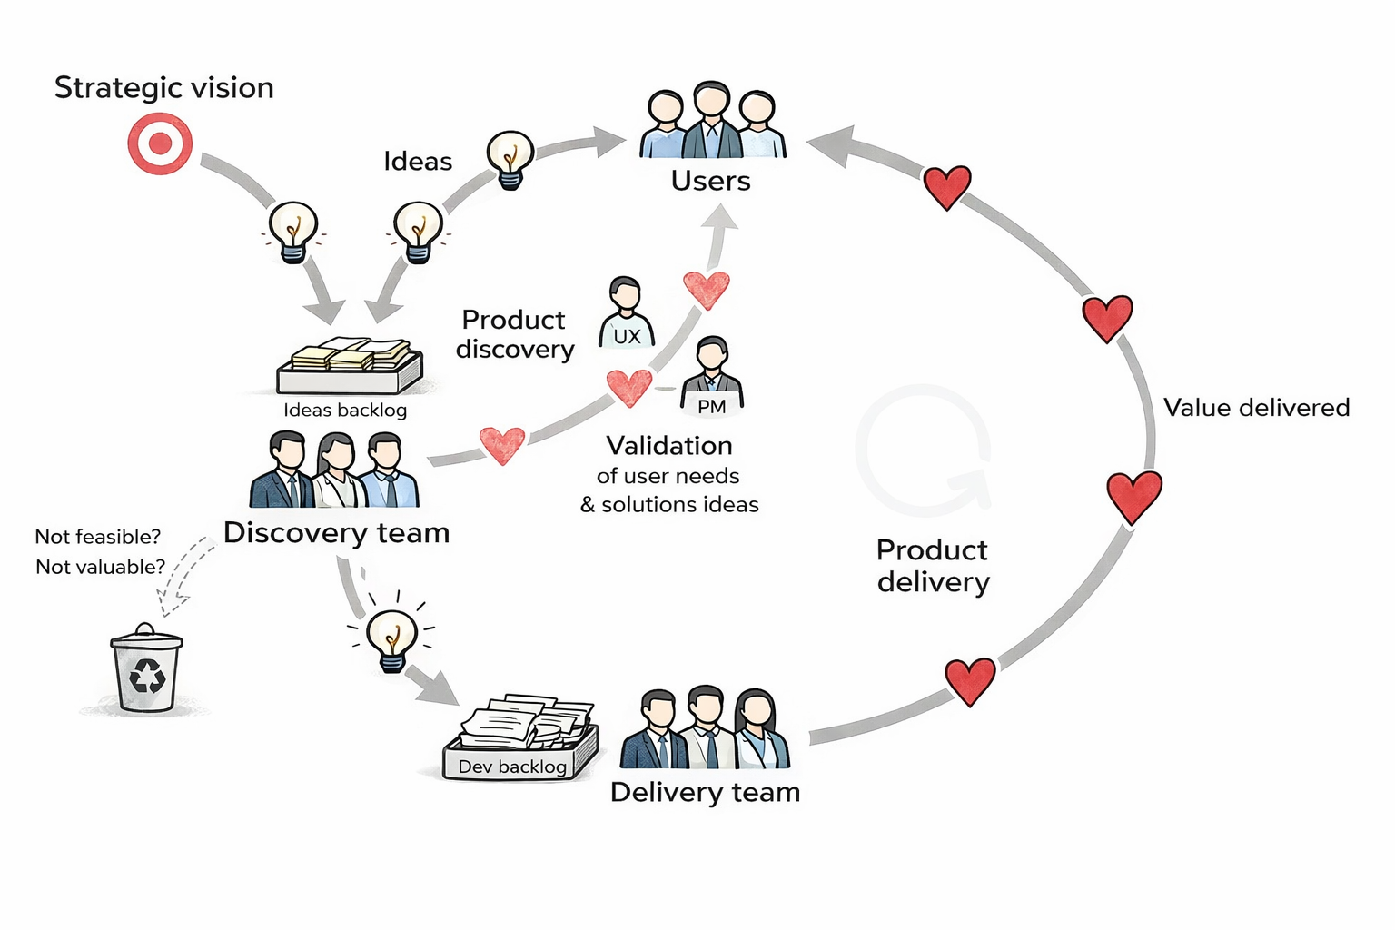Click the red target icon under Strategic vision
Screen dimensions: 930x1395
(x=160, y=143)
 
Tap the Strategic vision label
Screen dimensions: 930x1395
(x=164, y=88)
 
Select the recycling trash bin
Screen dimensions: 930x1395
(x=146, y=668)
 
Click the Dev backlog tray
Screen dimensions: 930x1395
(x=520, y=739)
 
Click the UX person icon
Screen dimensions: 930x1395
(x=626, y=313)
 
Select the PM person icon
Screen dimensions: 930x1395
(x=712, y=376)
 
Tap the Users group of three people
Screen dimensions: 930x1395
(x=712, y=122)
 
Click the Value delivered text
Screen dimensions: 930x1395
(x=1256, y=408)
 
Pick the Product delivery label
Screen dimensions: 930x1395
(x=933, y=566)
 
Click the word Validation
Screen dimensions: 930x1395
(x=669, y=446)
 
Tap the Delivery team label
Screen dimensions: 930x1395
(x=705, y=793)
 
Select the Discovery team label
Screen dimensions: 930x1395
(x=337, y=533)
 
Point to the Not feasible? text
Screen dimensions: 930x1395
(x=97, y=537)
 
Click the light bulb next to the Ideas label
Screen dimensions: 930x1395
(x=510, y=159)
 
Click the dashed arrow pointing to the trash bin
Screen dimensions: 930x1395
(x=185, y=576)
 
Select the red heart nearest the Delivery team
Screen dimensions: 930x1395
(x=970, y=681)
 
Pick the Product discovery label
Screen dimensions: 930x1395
(x=515, y=334)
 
